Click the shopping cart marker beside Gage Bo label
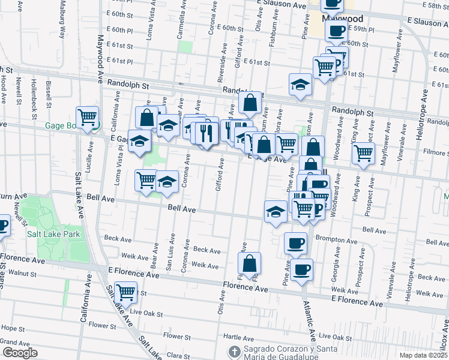click(88, 116)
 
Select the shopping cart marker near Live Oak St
click(125, 292)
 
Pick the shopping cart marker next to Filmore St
click(363, 154)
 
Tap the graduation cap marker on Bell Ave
click(276, 211)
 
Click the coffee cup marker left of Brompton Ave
click(295, 243)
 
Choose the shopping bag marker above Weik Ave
click(250, 263)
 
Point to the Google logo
click(20, 352)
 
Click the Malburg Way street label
click(62, 24)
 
